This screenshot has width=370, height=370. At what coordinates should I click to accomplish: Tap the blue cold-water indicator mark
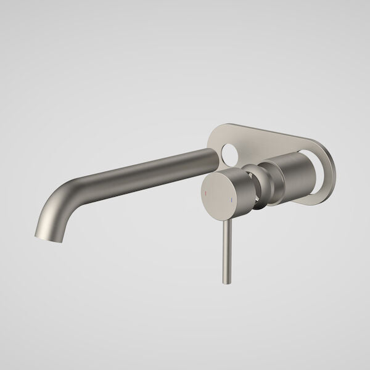[x=232, y=199]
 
